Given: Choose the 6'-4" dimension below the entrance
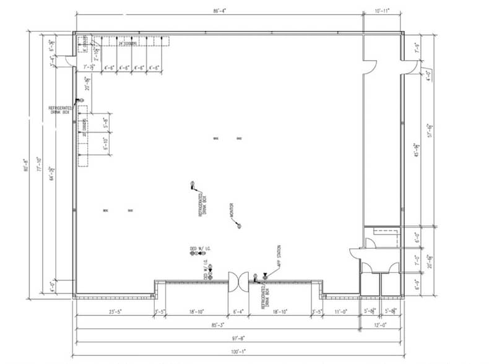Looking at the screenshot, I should [x=238, y=311].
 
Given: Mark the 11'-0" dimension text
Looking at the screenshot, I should [x=341, y=311].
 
